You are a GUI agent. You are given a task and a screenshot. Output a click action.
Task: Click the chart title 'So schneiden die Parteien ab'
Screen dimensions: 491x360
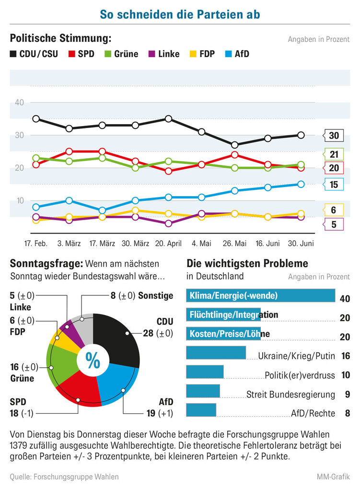coord(180,14)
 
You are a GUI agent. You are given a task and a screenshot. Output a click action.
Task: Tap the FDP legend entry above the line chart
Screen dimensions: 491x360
coord(201,54)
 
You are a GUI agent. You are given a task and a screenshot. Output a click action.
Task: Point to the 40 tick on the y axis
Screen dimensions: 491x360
coord(19,103)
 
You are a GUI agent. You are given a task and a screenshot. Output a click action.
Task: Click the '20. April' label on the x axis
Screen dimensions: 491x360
coord(168,244)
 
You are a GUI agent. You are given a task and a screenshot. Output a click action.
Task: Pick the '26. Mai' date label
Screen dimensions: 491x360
coord(234,244)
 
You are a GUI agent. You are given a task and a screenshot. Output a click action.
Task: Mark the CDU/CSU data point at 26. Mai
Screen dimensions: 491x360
coord(234,145)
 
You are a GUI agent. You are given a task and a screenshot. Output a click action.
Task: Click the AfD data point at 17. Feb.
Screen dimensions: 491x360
coord(36,207)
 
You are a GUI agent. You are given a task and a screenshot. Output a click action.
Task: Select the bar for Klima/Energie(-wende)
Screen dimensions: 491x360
coord(260,295)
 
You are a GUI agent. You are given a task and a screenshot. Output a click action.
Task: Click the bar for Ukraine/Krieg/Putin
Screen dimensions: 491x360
coord(215,353)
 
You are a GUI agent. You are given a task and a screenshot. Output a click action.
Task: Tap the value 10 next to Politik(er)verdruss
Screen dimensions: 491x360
coord(345,375)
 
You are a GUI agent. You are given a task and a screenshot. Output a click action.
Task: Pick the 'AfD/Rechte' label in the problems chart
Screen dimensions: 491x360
coord(313,413)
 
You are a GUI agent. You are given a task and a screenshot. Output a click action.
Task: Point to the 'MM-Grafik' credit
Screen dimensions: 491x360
coord(333,477)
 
